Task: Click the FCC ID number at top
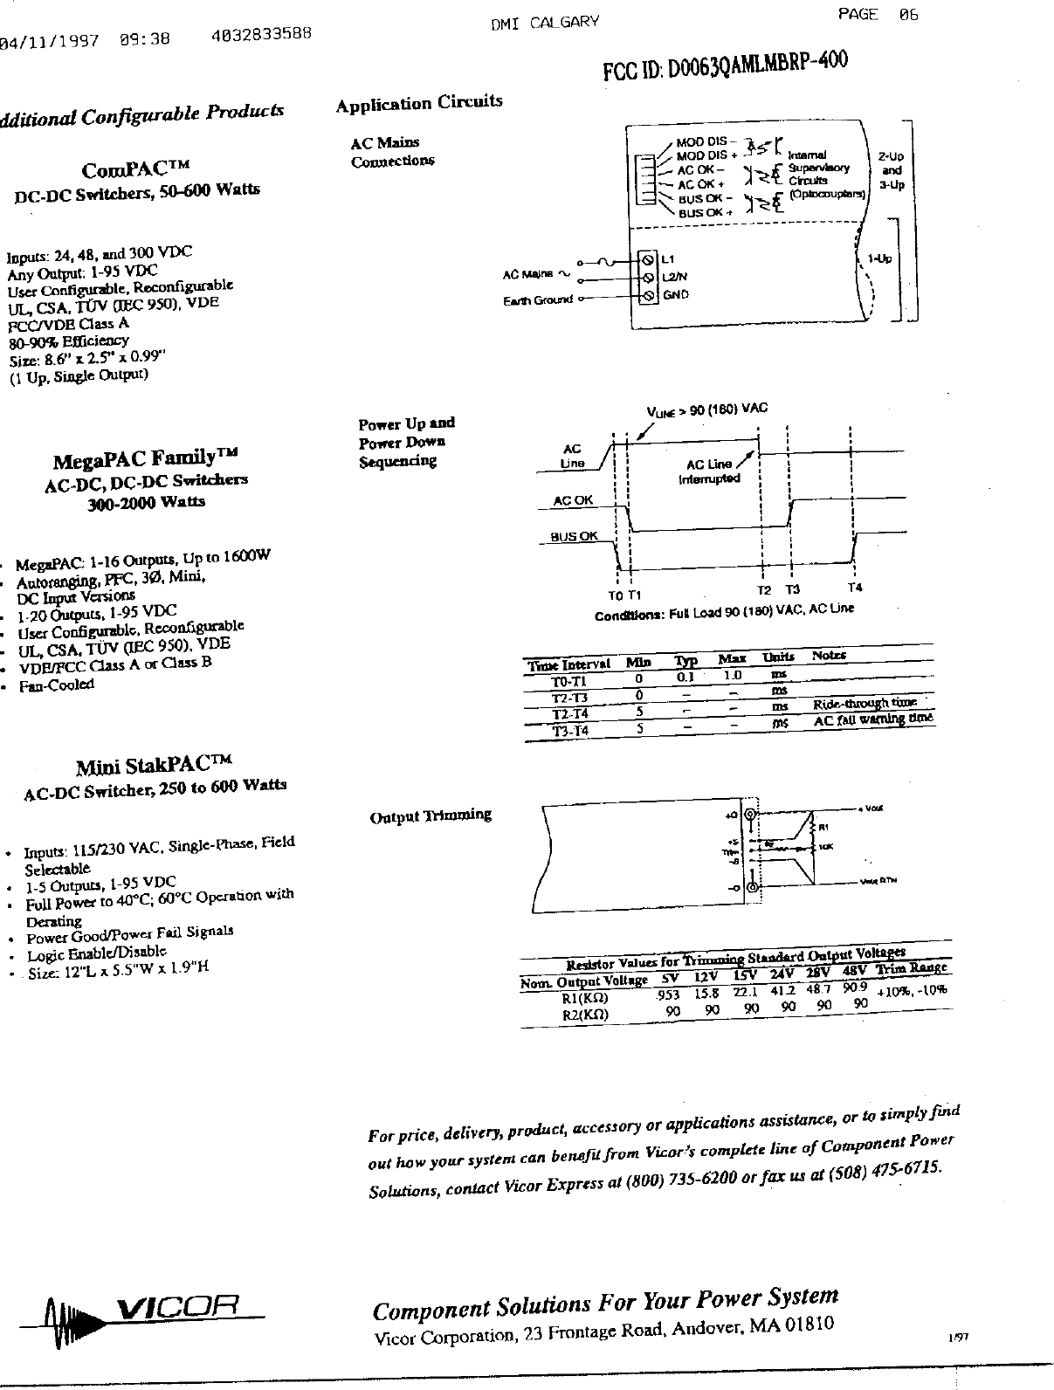[725, 66]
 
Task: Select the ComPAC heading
[134, 168]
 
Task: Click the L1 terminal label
[667, 259]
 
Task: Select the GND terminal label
[675, 295]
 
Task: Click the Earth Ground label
[538, 300]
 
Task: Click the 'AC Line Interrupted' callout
[710, 471]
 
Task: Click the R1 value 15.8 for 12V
[706, 994]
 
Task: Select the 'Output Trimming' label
[431, 816]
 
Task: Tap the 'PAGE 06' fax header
[878, 14]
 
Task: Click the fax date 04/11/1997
[51, 40]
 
